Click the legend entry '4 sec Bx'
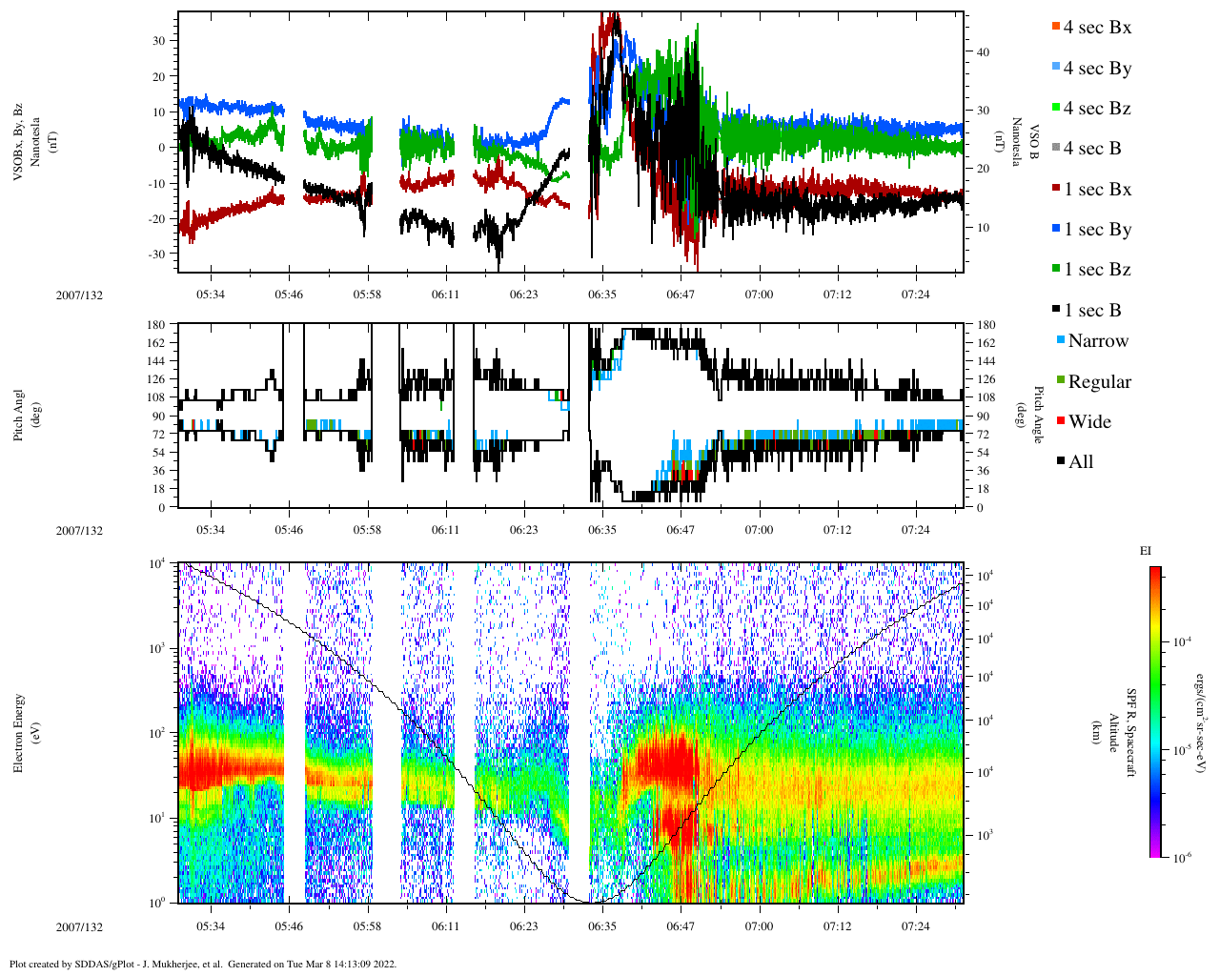click(x=1097, y=28)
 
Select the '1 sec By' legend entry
click(x=1097, y=230)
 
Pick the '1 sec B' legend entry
click(x=1092, y=311)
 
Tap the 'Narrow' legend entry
click(x=1097, y=341)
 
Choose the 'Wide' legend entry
click(x=1089, y=422)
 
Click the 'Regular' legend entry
click(x=1099, y=382)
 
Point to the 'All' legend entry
click(x=1081, y=462)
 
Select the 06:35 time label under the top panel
click(x=601, y=295)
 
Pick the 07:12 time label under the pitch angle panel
click(x=837, y=530)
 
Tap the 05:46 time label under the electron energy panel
click(x=289, y=926)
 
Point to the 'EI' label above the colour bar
click(x=1146, y=551)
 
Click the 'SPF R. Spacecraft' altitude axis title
click(x=1131, y=732)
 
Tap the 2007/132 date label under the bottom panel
click(x=79, y=927)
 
